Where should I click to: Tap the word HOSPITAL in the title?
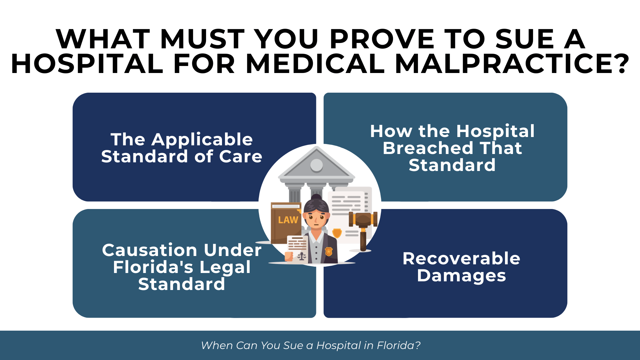click(87, 63)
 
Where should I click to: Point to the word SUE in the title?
click(525, 39)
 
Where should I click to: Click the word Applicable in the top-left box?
click(202, 140)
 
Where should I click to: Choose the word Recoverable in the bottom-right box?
click(461, 259)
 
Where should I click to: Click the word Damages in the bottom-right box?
click(461, 276)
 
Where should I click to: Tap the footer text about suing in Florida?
click(311, 345)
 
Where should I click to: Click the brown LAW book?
click(286, 222)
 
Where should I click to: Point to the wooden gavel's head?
click(363, 219)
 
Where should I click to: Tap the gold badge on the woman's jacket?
click(329, 251)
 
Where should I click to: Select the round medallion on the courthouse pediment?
click(316, 165)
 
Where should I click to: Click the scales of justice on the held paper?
click(302, 256)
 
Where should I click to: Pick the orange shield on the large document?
click(337, 232)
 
